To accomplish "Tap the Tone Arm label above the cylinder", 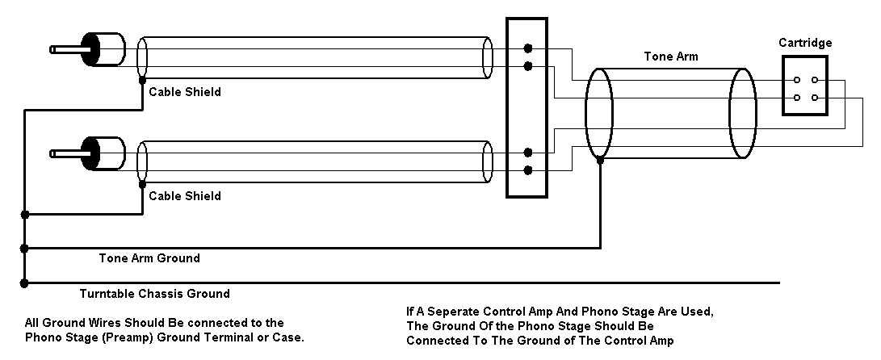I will tap(671, 57).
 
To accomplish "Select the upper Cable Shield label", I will tap(185, 92).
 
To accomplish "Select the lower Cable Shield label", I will tap(185, 196).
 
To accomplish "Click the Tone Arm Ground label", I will tap(149, 258).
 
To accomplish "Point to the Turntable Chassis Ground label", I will tap(154, 294).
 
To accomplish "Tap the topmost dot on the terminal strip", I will tap(527, 48).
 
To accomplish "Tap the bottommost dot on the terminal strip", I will tap(527, 170).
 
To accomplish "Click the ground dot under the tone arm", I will tap(599, 160).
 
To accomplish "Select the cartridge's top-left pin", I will tap(797, 80).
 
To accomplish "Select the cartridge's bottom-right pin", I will tap(814, 98).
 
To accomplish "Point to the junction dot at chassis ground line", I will tap(25, 283).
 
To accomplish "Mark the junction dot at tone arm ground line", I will tap(25, 248).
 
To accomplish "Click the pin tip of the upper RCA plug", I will tap(53, 49).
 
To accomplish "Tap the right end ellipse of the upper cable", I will tap(487, 57).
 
